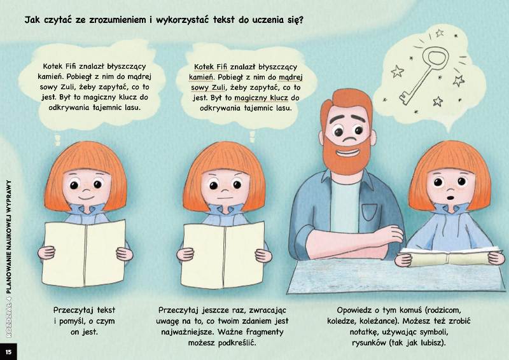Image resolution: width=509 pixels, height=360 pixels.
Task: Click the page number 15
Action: (x=8, y=352)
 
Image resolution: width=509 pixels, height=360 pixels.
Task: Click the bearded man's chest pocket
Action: (x=370, y=212)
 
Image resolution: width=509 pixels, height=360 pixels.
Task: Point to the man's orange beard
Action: (x=347, y=155)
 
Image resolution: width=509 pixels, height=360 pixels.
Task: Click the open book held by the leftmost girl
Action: (x=84, y=254)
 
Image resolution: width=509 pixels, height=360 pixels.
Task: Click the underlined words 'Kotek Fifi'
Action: (x=211, y=67)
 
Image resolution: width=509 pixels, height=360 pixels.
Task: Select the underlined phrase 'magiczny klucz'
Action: (x=261, y=98)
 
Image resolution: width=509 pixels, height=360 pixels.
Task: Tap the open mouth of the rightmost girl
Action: (x=450, y=197)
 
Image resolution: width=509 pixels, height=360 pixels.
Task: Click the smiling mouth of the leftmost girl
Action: (x=86, y=197)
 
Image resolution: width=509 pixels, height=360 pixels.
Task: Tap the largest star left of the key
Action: (x=397, y=71)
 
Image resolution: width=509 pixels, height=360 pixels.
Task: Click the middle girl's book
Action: (x=223, y=255)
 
